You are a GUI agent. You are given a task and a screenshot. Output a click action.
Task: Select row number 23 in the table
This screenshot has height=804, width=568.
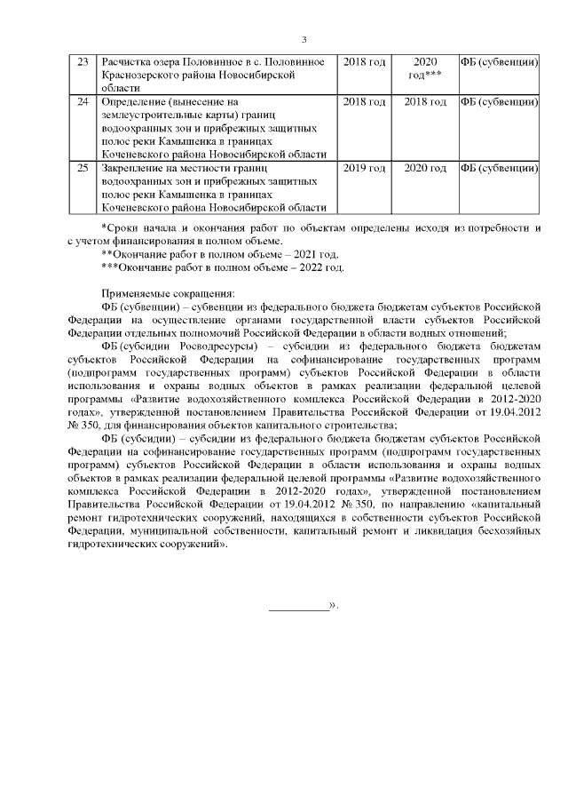(83, 63)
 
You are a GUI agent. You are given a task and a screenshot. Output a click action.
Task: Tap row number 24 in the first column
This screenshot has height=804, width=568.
(83, 103)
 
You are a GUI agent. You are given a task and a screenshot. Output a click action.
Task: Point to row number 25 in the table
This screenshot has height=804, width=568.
(83, 168)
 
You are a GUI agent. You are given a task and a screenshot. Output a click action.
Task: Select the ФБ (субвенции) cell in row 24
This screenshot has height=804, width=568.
(498, 103)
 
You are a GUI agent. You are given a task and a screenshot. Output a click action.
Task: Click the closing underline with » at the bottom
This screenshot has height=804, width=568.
(304, 606)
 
